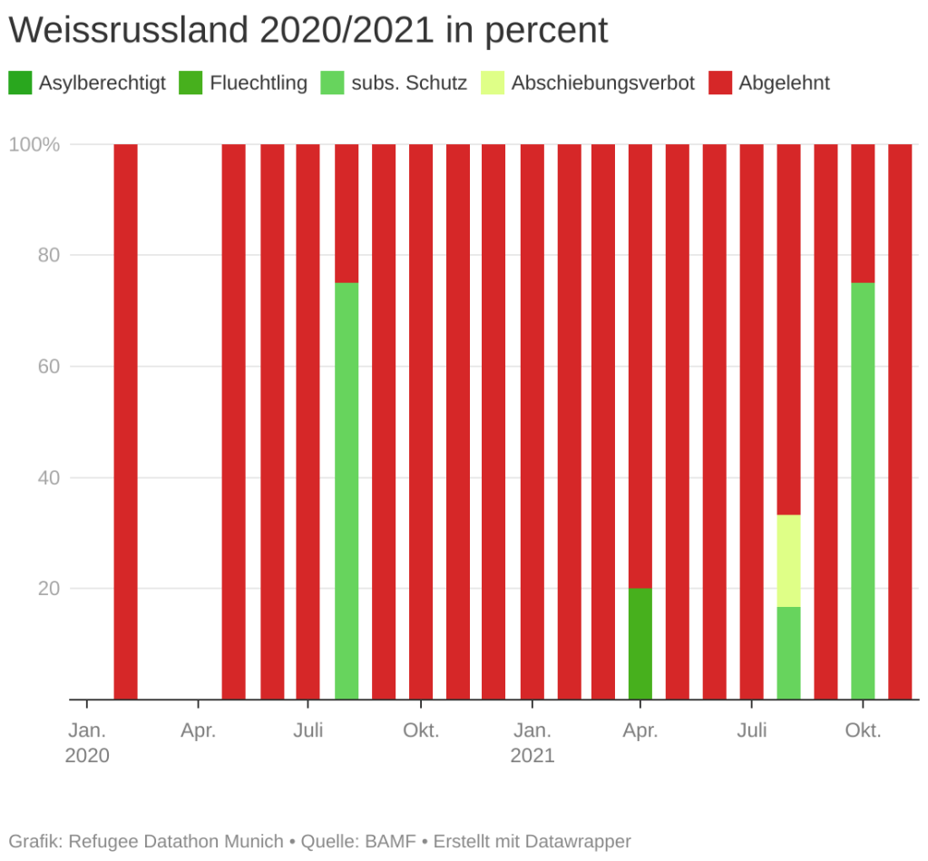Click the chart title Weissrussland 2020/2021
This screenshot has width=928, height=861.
click(x=308, y=31)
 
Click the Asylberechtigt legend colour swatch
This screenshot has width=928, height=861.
click(x=20, y=83)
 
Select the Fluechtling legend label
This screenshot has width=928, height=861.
click(x=259, y=83)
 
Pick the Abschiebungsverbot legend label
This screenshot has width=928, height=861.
click(x=602, y=83)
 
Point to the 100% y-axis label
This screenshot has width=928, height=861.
click(x=34, y=144)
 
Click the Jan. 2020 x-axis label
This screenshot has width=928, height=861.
click(x=87, y=742)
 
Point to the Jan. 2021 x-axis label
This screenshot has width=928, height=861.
click(x=532, y=742)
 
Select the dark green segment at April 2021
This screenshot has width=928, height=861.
click(x=640, y=644)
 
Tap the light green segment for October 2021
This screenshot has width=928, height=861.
click(x=863, y=491)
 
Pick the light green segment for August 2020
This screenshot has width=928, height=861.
click(x=347, y=491)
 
